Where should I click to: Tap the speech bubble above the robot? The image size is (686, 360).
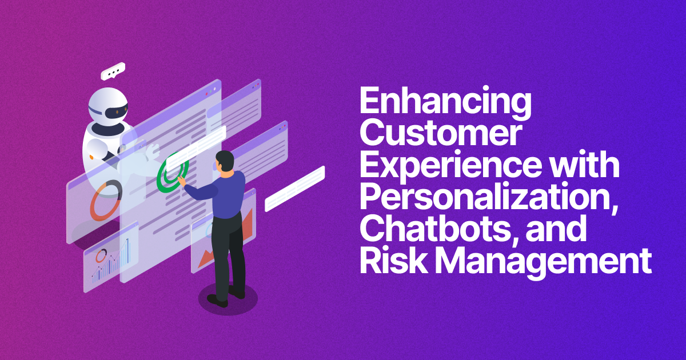click(x=113, y=71)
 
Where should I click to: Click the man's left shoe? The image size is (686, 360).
click(x=217, y=298)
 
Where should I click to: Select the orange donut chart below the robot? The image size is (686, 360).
click(x=105, y=200)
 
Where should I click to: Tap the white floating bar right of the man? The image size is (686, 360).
click(x=294, y=189)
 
